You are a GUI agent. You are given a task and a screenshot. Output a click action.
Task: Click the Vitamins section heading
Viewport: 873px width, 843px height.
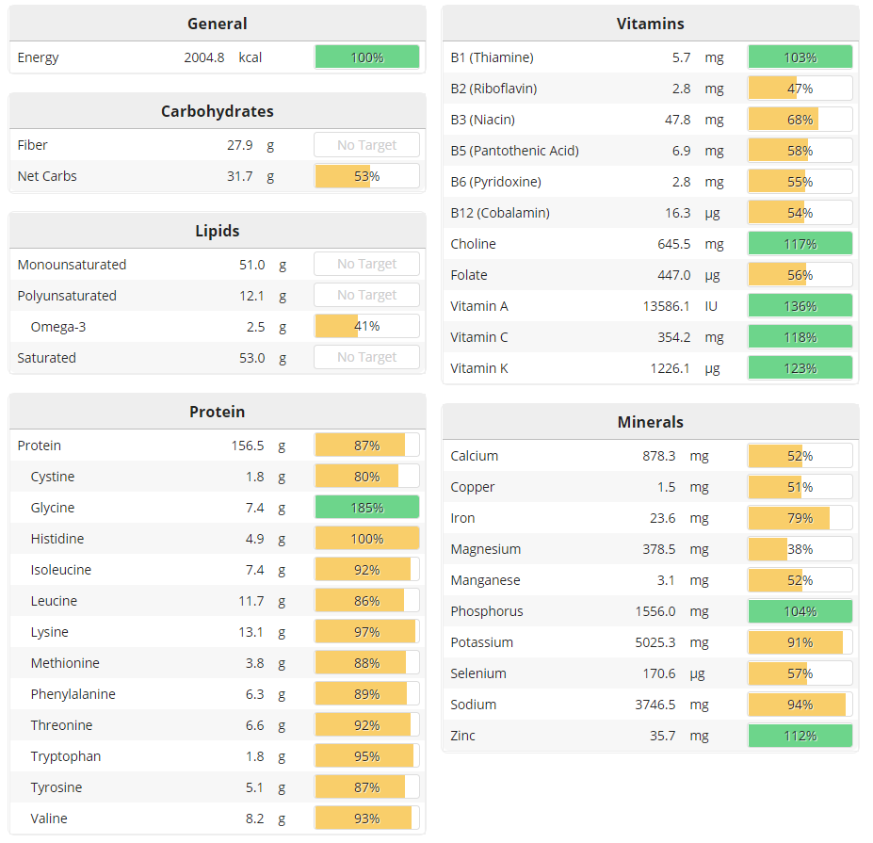[x=650, y=24]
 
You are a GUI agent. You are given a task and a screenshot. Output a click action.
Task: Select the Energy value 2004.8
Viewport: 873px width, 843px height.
[x=204, y=57]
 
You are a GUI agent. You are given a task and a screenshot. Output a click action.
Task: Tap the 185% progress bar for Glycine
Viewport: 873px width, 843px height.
[x=366, y=508]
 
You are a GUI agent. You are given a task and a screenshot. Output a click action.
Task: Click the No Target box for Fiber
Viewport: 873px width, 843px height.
[x=366, y=145]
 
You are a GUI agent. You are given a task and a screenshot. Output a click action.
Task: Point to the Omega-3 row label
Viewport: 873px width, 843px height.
[x=58, y=327]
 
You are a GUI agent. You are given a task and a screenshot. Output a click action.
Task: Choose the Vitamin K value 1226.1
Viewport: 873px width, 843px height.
[x=670, y=368]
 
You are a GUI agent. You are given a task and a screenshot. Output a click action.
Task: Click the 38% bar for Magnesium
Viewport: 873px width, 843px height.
[x=800, y=549]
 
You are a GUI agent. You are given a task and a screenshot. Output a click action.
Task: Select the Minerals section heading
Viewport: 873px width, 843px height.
[x=650, y=422]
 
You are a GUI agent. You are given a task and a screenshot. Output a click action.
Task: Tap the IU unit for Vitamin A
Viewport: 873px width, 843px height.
[x=712, y=306]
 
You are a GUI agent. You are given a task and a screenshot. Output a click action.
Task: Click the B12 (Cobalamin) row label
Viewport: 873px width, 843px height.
[x=500, y=213]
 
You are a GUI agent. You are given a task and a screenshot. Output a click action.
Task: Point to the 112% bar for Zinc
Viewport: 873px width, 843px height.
[x=800, y=736]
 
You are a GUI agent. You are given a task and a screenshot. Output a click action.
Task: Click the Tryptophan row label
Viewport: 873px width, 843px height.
[x=66, y=756]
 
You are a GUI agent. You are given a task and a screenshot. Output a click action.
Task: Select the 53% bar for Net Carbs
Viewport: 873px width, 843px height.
[x=366, y=176]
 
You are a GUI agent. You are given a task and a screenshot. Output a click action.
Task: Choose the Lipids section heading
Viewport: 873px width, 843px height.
[x=217, y=231]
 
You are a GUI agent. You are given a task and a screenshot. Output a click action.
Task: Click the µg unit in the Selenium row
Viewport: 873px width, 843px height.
[x=698, y=673]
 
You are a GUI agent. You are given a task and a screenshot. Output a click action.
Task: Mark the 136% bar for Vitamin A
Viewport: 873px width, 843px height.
[x=800, y=306]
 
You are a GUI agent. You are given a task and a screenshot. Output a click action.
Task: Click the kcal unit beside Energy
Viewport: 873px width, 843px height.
[x=251, y=57]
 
